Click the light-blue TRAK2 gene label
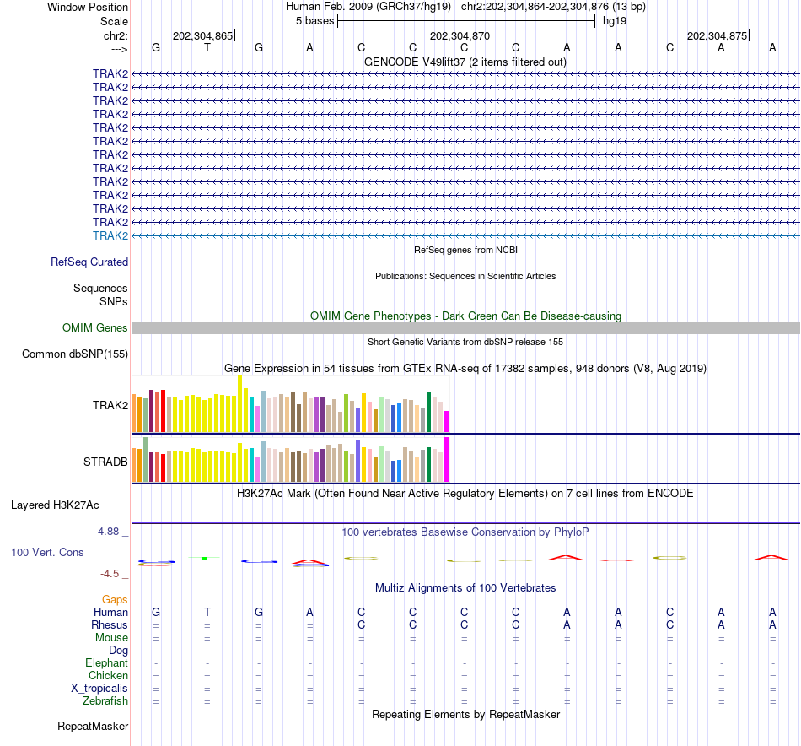[x=110, y=235]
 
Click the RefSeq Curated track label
[x=89, y=262]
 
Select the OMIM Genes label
[x=95, y=327]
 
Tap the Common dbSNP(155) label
[x=75, y=354]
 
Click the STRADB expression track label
[x=105, y=462]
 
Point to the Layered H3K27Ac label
[x=55, y=505]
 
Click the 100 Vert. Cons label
[x=47, y=552]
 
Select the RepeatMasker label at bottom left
[x=93, y=726]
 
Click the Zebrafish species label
[x=105, y=700]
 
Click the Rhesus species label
[x=110, y=624]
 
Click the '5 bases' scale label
[x=314, y=21]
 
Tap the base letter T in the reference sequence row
[x=207, y=48]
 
